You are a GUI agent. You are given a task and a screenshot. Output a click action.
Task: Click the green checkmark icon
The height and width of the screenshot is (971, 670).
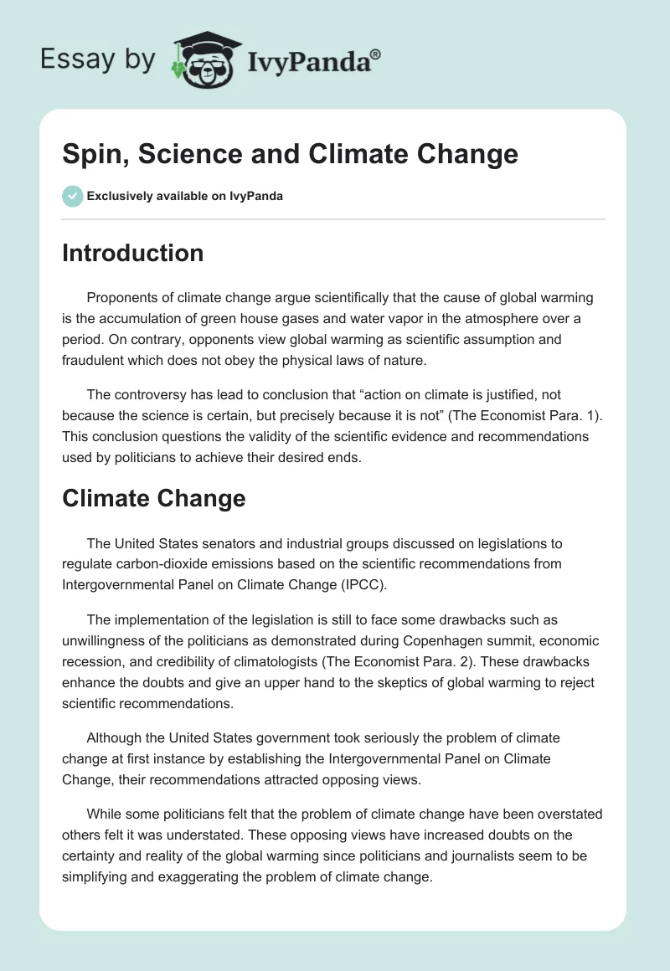point(72,196)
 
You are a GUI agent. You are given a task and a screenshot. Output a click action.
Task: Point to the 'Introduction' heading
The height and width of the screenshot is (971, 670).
point(132,253)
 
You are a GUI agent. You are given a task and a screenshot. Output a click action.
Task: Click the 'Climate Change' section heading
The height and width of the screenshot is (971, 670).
point(153,499)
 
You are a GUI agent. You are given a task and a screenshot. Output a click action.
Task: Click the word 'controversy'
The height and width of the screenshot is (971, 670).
point(149,398)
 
